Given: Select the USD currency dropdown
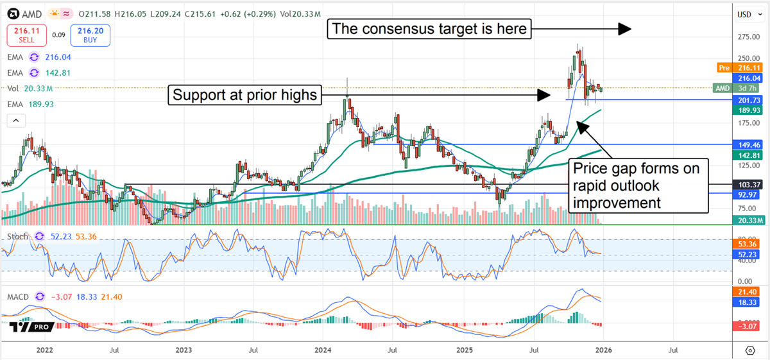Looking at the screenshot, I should [744, 13].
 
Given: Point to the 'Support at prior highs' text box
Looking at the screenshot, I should [244, 96].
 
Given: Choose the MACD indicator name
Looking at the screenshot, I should [19, 296].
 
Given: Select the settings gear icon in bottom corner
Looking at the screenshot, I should [749, 351].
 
